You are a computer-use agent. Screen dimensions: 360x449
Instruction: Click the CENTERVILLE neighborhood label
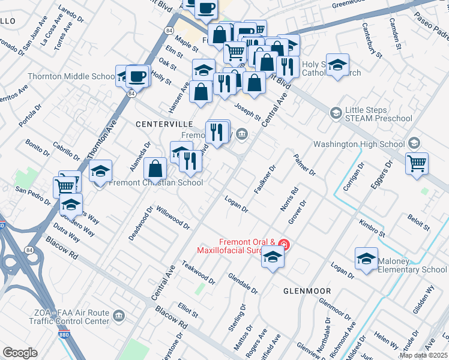tap(164, 124)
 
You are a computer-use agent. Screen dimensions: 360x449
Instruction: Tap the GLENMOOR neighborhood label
tap(307, 291)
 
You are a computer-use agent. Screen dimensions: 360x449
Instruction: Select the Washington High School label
tap(359, 144)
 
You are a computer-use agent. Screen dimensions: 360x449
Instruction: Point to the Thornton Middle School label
tap(71, 77)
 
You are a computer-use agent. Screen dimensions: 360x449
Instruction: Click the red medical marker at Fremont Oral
tap(285, 244)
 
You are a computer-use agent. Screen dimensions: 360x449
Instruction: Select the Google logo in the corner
tap(20, 353)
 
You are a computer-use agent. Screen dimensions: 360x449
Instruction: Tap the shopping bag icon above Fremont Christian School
tap(155, 169)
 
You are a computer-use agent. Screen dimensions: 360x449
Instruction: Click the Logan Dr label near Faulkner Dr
tap(236, 204)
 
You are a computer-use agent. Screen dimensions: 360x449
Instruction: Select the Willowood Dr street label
tap(173, 218)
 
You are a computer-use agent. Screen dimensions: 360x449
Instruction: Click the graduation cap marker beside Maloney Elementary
tap(366, 259)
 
